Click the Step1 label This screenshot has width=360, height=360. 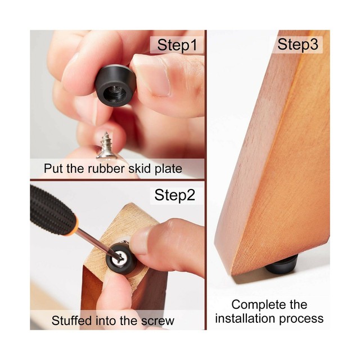coord(177,46)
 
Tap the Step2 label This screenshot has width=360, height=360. coord(175,195)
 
